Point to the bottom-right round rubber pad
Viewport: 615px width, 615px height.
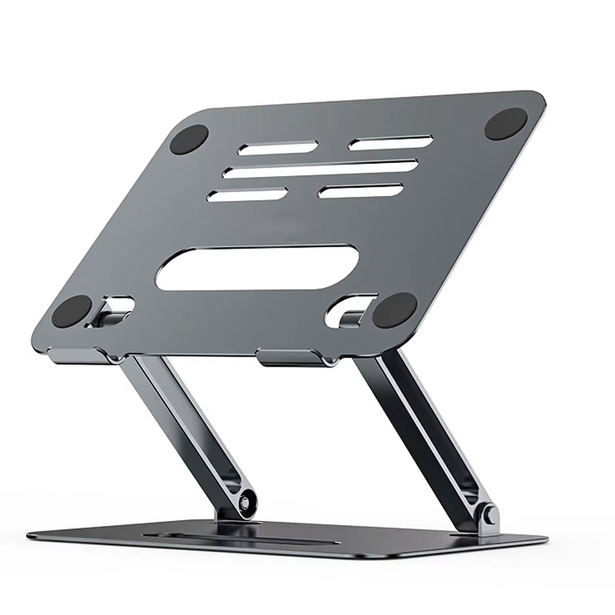pos(394,311)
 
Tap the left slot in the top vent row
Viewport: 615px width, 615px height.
pos(267,148)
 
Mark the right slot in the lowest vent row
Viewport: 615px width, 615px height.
pos(361,190)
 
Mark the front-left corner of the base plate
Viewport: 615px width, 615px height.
pos(35,537)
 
